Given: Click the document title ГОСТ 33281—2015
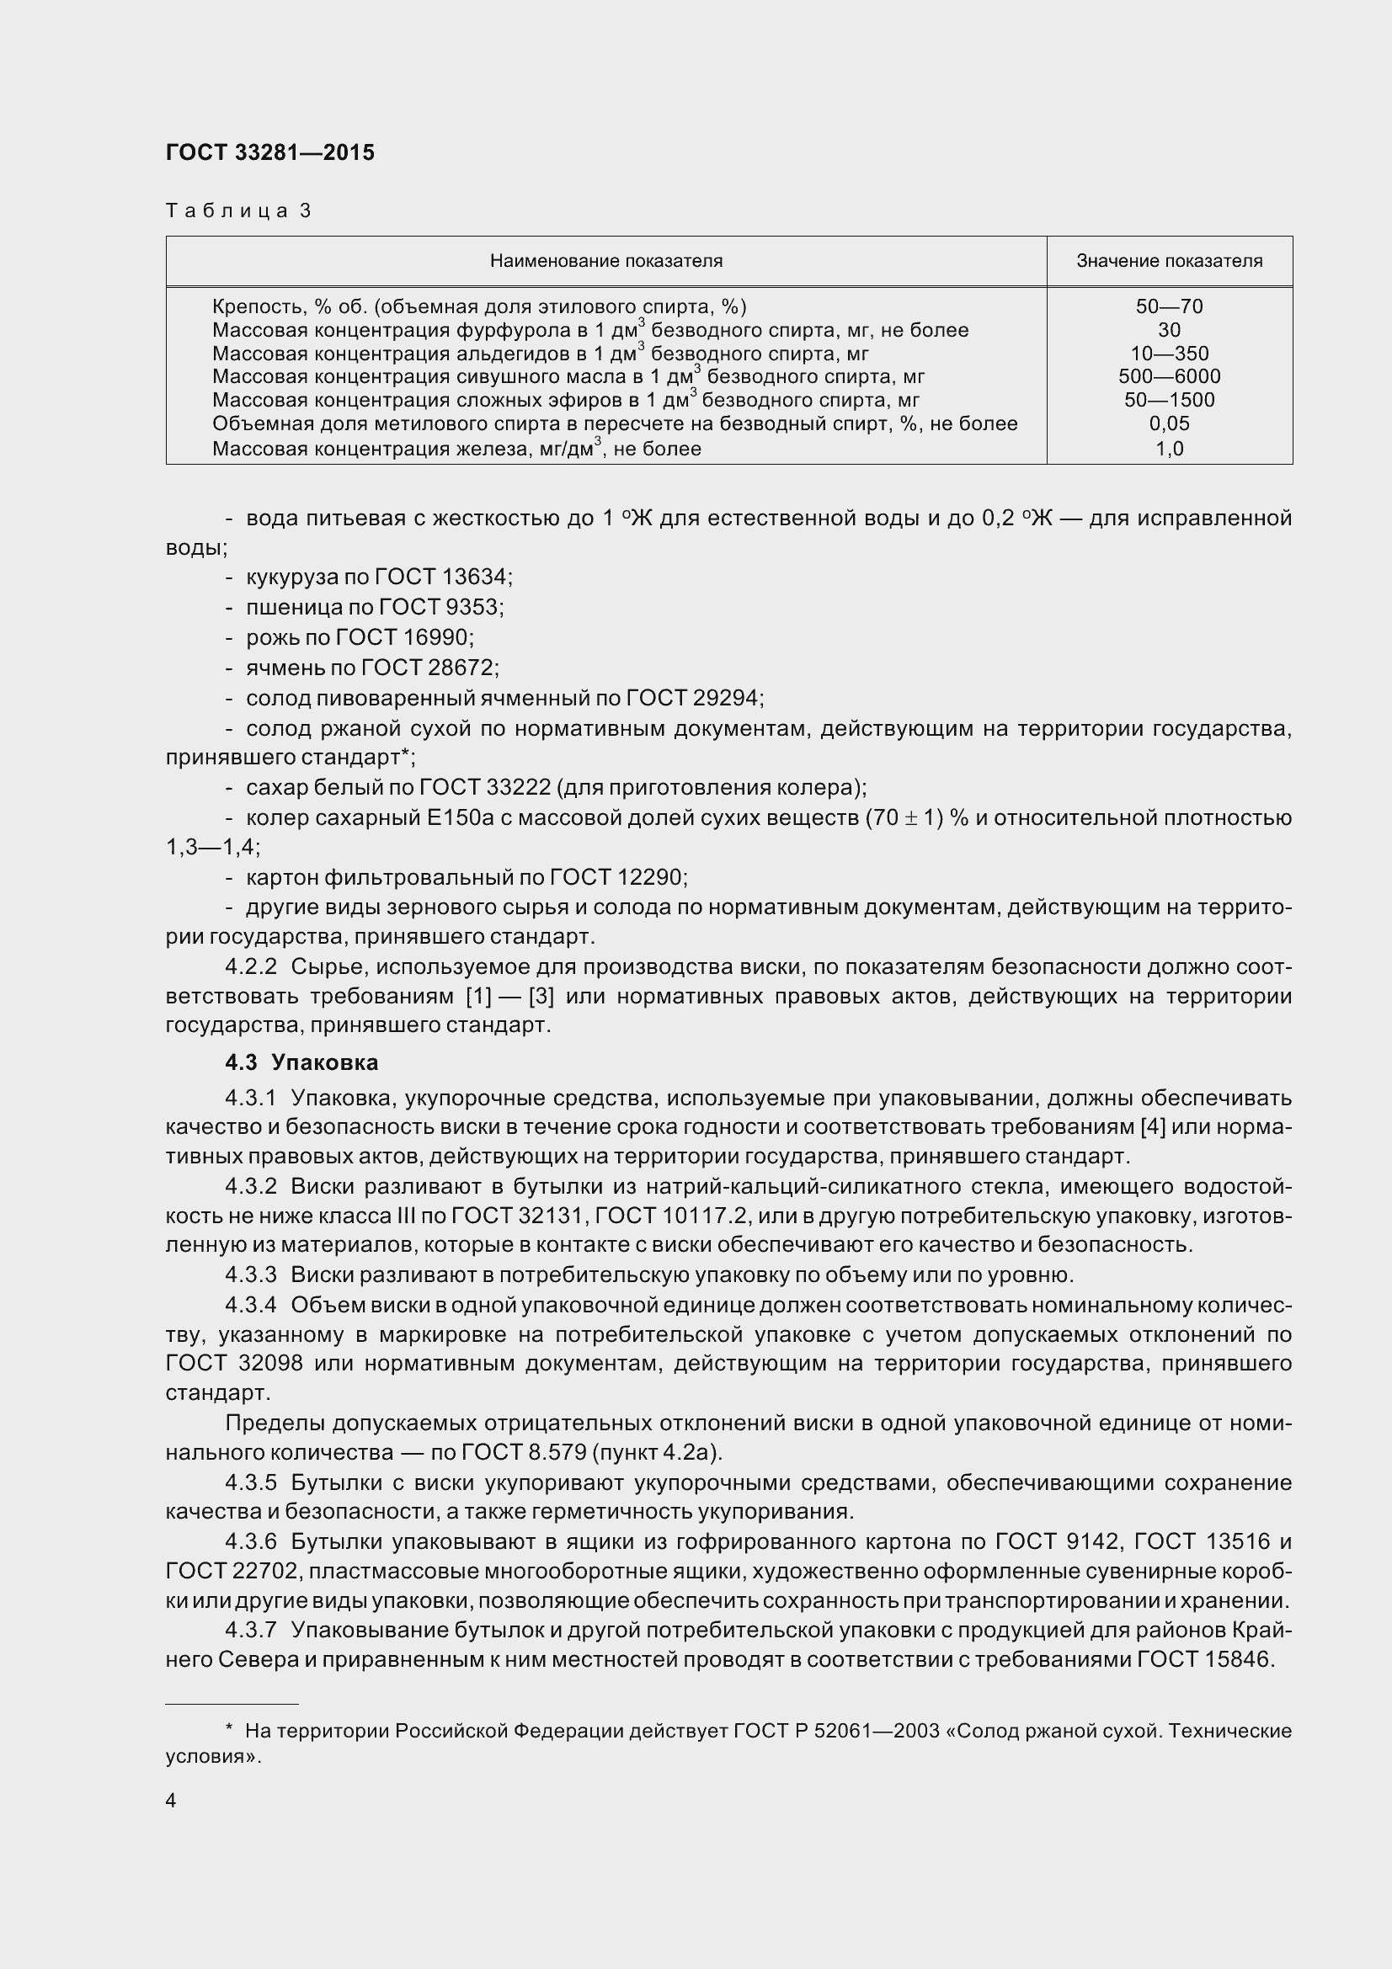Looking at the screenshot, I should coord(270,152).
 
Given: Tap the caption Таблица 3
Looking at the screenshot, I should coord(237,211).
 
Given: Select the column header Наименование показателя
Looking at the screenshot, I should coord(605,261).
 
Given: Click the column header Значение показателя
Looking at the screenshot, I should coord(1169,261).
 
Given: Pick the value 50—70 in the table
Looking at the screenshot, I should coord(1169,306).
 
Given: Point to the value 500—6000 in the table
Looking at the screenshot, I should coord(1169,376).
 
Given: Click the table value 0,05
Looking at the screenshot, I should coord(1169,423).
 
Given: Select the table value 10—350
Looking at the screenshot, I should coord(1169,354).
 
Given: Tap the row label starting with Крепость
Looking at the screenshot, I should coord(478,306).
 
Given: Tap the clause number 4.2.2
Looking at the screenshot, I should coord(250,966).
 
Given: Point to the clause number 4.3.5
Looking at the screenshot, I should coord(250,1482).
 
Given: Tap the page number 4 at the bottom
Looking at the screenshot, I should coord(171,1801).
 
